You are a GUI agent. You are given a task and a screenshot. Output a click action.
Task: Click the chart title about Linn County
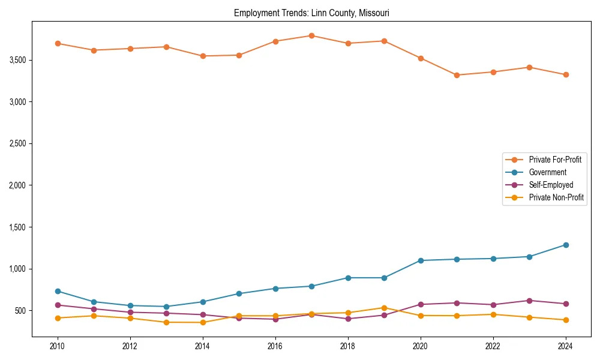click(x=311, y=13)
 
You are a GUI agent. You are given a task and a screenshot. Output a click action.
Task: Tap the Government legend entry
click(x=547, y=172)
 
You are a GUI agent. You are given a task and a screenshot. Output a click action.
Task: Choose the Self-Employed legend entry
click(x=551, y=185)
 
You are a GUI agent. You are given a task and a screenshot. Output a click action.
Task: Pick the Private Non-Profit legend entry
click(x=556, y=197)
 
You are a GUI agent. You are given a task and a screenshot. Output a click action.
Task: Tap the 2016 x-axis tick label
click(x=275, y=346)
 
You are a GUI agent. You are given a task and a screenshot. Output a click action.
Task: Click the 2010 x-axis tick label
click(x=58, y=346)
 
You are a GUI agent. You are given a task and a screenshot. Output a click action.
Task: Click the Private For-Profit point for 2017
click(x=311, y=35)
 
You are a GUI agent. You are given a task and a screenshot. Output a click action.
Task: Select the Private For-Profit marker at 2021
click(x=457, y=75)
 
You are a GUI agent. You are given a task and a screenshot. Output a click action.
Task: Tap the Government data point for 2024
click(x=566, y=245)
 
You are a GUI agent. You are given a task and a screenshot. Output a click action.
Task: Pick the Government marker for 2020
click(x=421, y=260)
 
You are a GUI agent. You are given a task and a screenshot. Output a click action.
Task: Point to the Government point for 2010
click(x=58, y=291)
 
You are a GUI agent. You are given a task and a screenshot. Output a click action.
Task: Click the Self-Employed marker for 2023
click(x=529, y=301)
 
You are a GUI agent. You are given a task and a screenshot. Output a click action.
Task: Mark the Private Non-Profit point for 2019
click(x=384, y=308)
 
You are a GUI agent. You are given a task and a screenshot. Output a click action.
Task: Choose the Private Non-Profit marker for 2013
click(x=166, y=322)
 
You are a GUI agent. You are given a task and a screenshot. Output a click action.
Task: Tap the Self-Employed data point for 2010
click(x=58, y=305)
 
